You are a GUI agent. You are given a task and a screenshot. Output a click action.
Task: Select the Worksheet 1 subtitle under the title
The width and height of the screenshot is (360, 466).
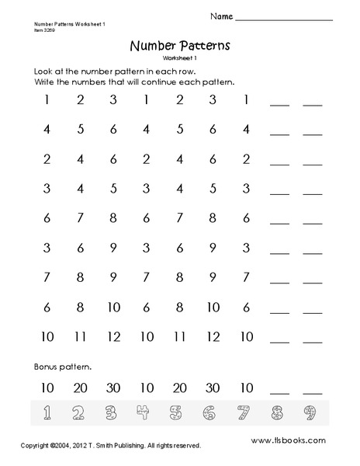tap(180, 58)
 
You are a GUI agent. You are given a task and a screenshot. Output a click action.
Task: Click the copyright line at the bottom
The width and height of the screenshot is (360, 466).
tap(101, 446)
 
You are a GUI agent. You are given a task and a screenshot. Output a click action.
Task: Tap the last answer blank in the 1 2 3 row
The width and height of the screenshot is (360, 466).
tap(313, 104)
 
